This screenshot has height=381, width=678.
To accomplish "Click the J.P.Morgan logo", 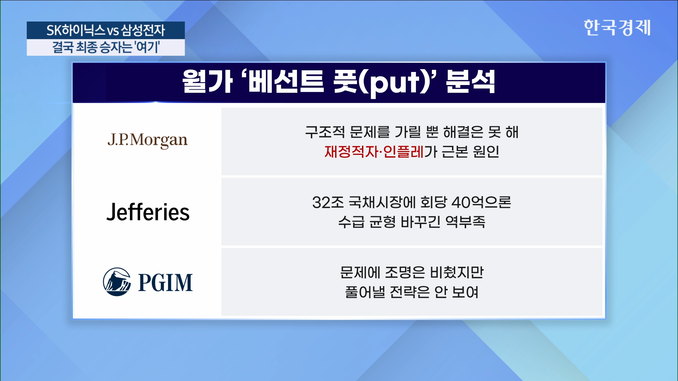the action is (148, 140).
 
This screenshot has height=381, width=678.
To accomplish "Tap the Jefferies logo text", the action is (148, 212).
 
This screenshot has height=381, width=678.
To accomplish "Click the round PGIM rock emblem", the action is (117, 282).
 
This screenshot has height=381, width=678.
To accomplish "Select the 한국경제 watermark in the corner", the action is (617, 28).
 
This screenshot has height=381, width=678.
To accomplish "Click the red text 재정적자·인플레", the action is (374, 152).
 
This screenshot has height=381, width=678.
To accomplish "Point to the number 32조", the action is (328, 202).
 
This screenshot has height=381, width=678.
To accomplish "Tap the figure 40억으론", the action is (481, 202).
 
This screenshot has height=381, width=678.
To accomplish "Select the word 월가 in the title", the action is (207, 81).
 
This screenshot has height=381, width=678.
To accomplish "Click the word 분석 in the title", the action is (470, 81).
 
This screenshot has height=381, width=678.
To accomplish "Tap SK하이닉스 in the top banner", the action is (76, 30).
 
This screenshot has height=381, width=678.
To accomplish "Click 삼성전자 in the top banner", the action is (143, 30).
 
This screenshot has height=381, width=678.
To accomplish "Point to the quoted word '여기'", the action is (147, 47).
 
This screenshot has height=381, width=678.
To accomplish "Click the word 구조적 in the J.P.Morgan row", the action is (325, 132).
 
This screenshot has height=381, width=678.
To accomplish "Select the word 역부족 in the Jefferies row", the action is (465, 222).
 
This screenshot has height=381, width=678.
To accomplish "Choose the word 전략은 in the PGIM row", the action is (410, 292).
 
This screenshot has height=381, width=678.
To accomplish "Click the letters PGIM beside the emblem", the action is (165, 283).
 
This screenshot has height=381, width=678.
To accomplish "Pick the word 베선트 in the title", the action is (286, 81).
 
